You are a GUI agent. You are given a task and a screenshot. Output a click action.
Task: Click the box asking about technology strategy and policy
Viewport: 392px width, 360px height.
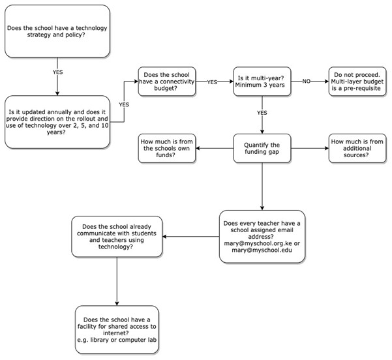coord(57,31)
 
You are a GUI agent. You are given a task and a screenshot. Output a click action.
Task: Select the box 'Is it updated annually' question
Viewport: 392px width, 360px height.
coord(57,122)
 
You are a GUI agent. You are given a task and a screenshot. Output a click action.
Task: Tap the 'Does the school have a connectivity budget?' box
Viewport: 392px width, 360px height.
coord(167,82)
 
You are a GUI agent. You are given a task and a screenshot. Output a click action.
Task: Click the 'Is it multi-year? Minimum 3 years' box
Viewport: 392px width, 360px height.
coord(262,82)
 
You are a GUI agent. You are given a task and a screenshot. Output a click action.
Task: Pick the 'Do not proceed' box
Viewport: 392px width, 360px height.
coord(357,82)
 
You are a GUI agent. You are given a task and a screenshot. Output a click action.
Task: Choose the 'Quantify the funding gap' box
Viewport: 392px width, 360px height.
coord(262,148)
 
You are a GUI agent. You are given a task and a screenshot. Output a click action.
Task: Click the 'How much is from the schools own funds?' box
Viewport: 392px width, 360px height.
coord(167,148)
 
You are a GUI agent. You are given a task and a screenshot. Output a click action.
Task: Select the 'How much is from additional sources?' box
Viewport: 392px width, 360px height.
coord(357,148)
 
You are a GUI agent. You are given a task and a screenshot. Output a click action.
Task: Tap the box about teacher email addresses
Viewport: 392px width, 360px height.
coord(262,237)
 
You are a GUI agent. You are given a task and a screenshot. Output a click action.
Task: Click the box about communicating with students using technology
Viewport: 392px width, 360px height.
coord(117,237)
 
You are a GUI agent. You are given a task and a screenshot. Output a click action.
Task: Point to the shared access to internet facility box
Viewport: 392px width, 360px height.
coord(117,329)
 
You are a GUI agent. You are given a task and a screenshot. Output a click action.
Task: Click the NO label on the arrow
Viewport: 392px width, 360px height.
coord(307,82)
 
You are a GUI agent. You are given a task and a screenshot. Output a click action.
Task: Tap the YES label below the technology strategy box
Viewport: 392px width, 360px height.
coord(57,72)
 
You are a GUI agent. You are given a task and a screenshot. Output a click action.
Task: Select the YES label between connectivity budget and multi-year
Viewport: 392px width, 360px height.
coord(212,82)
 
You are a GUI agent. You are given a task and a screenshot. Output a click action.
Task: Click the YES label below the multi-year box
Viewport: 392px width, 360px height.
coord(262,113)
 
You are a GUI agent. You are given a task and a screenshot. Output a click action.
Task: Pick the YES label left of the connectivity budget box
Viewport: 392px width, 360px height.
coord(124,104)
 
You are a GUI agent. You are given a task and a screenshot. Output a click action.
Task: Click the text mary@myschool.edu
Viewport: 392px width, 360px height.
coord(262,250)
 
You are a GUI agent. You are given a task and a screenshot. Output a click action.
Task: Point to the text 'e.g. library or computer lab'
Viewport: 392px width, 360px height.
coord(117,340)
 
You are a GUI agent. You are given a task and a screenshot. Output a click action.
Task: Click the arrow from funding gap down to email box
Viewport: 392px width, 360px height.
coord(262,187)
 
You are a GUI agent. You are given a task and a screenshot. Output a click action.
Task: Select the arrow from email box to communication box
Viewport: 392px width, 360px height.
coord(190,237)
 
